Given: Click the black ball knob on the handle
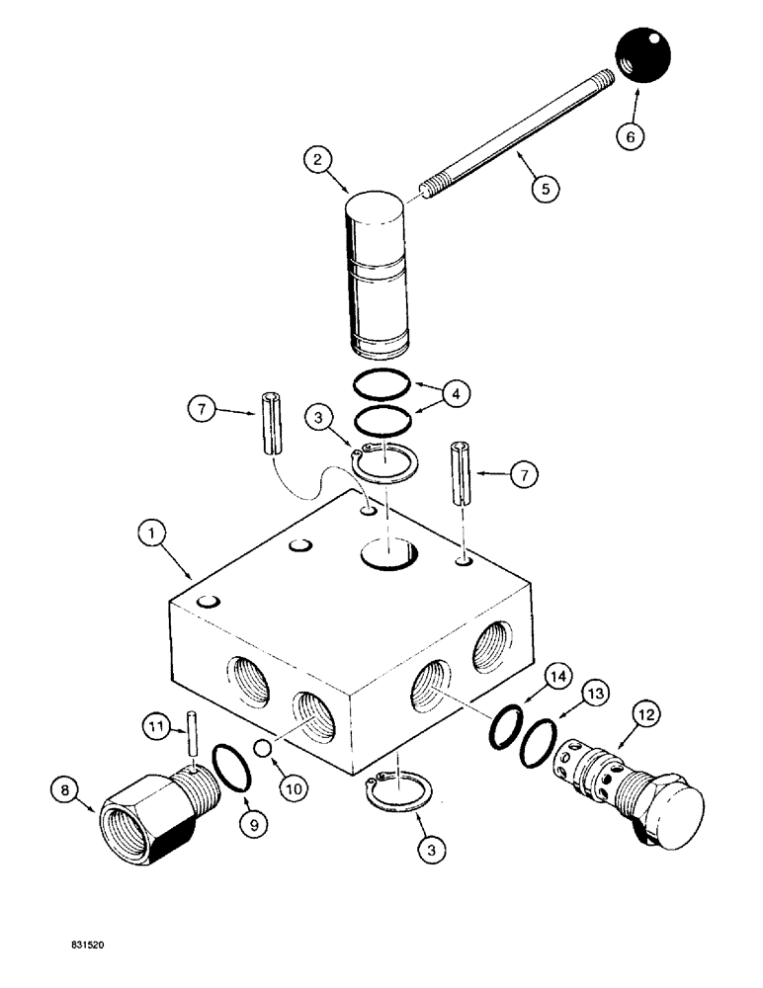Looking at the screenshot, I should point(640,55).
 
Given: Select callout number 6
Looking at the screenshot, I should point(627,136).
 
